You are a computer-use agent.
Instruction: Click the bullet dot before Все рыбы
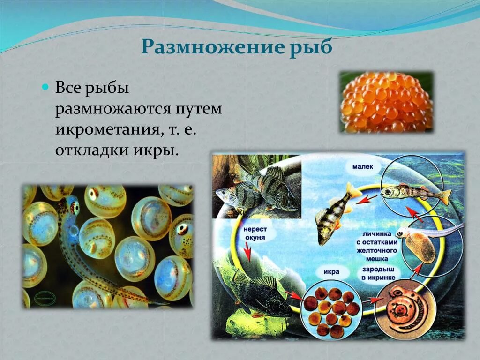coord(45,87)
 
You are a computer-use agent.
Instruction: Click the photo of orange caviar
coord(386,102)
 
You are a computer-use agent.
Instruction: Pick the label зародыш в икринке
coord(377,275)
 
